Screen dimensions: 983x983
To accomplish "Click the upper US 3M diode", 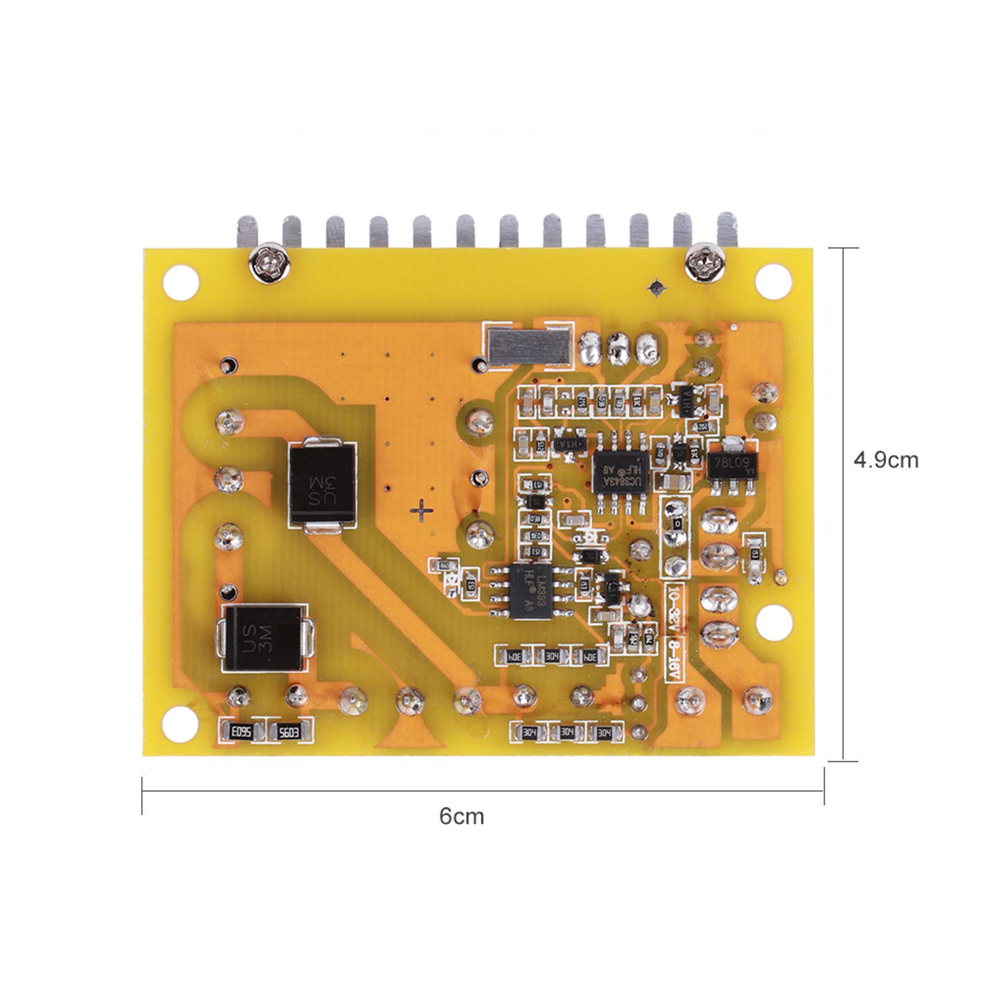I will coord(323,484).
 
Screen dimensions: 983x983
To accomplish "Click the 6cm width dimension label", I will coord(462,817).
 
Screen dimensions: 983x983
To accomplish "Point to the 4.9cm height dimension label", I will coord(885,460).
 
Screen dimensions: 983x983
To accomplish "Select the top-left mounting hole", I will coord(182,282).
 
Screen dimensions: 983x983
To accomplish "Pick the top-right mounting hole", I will coord(773,279).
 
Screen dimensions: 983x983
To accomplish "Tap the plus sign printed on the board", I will coord(421,510).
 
